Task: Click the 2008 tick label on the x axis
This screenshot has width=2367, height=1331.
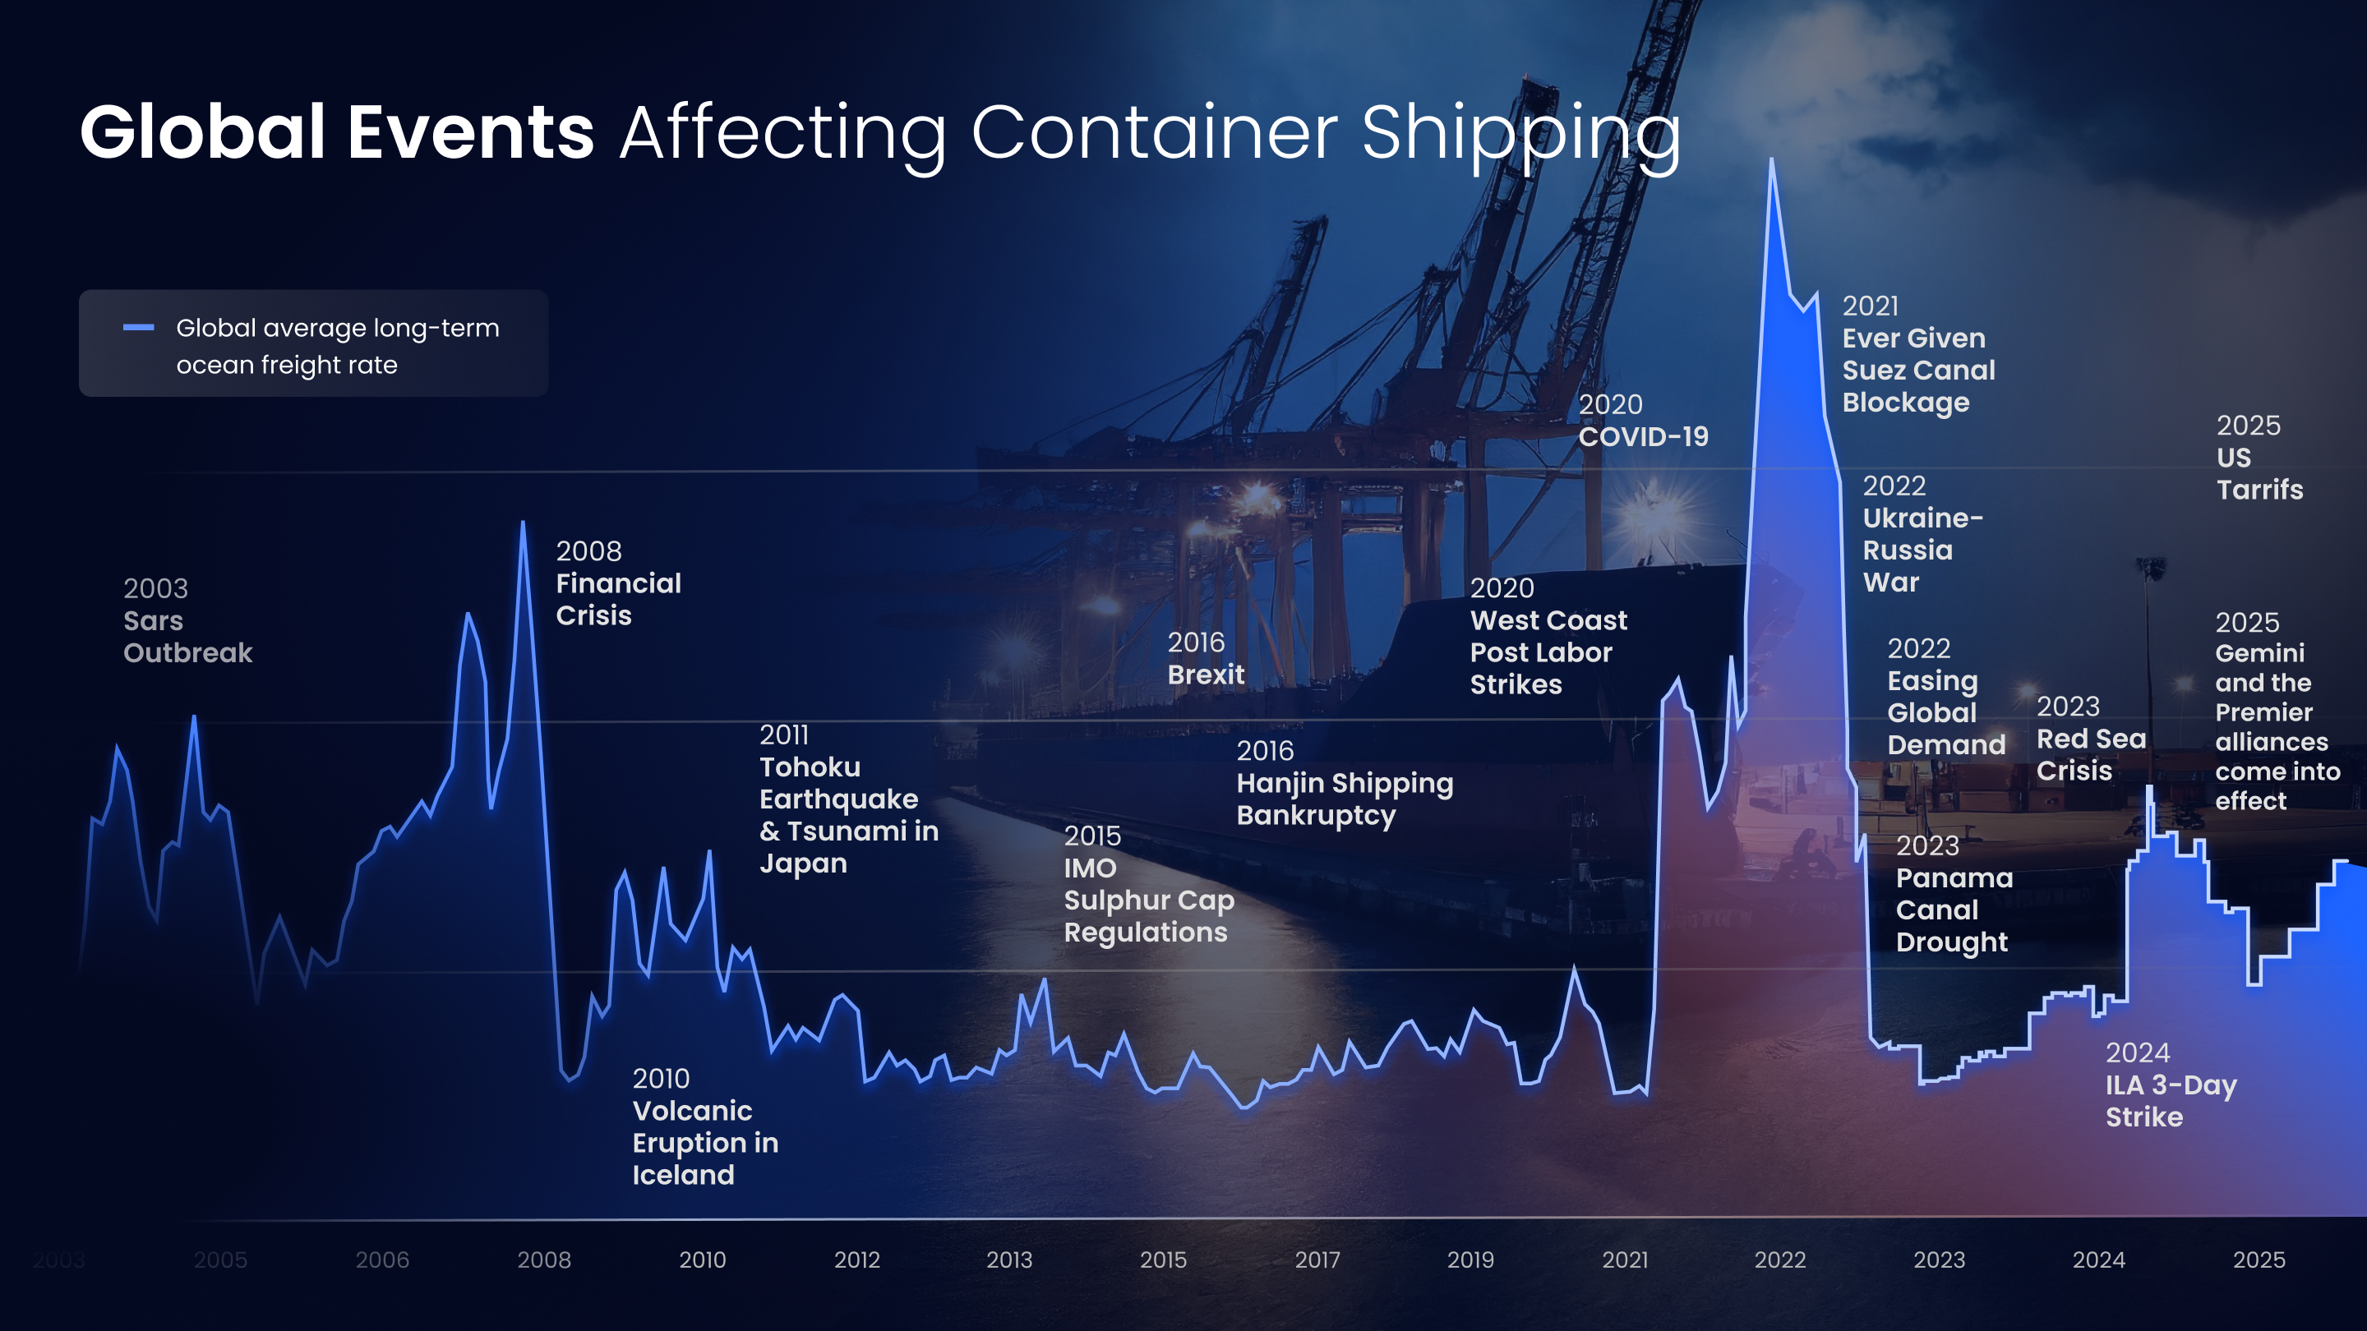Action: tap(544, 1260)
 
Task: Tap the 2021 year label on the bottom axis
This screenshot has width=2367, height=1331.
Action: tap(1625, 1260)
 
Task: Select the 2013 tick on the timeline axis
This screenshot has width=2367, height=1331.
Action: tap(1009, 1260)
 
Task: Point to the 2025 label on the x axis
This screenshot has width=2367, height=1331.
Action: tap(2259, 1260)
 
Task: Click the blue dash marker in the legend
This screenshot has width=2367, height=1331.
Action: tap(139, 327)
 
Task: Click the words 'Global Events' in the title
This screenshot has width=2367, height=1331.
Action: tap(336, 132)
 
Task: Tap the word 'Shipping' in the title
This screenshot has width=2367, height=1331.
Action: tap(1520, 134)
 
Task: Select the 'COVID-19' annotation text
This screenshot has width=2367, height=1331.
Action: tap(1643, 436)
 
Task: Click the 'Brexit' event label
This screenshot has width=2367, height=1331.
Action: tap(1206, 675)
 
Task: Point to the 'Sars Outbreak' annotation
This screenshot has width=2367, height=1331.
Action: tap(187, 637)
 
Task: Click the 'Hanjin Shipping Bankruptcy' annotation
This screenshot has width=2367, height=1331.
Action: tap(1344, 799)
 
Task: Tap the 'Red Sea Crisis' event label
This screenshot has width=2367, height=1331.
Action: tap(2090, 754)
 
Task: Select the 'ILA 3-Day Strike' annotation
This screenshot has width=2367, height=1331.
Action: tap(2171, 1100)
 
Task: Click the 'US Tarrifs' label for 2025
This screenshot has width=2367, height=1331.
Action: tap(2259, 473)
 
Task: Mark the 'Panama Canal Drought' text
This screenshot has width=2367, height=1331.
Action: tap(1954, 910)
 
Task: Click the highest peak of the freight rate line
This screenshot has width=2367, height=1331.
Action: tap(1772, 162)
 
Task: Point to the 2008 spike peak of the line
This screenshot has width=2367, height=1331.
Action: tap(523, 523)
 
